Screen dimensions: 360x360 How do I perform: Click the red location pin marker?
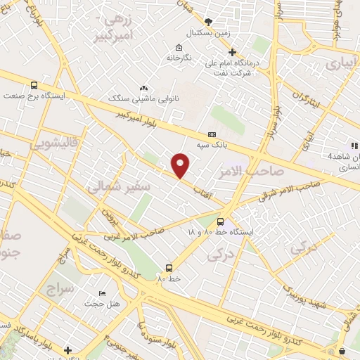click(181, 165)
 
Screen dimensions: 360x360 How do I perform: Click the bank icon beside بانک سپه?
click(211, 135)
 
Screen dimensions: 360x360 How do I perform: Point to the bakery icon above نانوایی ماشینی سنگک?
click(144, 88)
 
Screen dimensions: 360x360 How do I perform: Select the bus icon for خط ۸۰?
click(169, 267)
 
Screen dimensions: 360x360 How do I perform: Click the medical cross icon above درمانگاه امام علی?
click(232, 51)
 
